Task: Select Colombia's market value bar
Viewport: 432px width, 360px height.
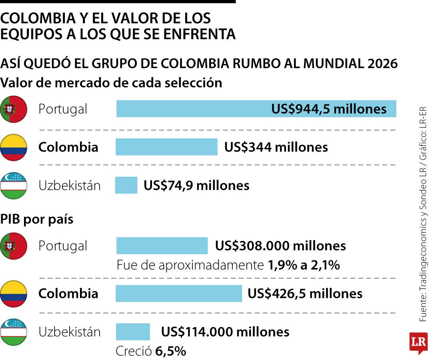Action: pos(166,147)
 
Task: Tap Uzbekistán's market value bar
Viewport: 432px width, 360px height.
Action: pos(126,185)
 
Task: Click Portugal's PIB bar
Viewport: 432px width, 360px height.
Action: pos(162,245)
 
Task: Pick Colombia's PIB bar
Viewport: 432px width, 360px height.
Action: pos(179,293)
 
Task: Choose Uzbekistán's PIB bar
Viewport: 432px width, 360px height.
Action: pos(133,332)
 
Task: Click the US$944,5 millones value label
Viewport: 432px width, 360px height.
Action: pos(329,109)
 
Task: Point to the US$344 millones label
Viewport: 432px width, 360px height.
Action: pos(276,147)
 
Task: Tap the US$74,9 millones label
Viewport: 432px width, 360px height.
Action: pos(196,185)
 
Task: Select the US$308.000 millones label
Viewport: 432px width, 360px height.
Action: pos(280,245)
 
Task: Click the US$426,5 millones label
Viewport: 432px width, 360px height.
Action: pos(305,293)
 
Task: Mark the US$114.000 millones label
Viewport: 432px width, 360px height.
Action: pos(225,332)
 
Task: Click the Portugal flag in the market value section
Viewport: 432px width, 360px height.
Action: pos(14,109)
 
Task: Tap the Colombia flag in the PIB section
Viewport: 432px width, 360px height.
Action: pos(14,294)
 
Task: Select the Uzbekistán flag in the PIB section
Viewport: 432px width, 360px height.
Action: pos(14,332)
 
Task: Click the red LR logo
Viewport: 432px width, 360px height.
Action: pos(418,342)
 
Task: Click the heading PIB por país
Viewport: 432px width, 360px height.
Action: pos(37,219)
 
